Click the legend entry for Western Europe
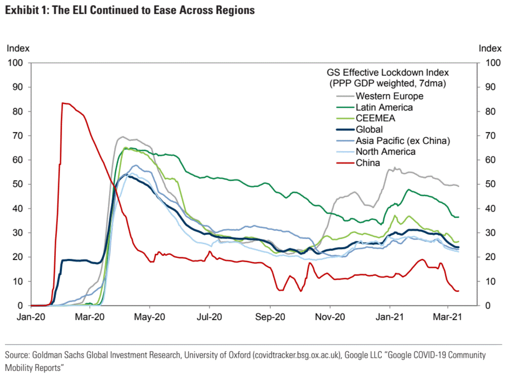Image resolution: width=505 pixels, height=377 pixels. coord(389,96)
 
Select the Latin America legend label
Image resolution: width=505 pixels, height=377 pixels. coord(384,107)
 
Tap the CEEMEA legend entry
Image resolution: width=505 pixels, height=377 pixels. coord(375,118)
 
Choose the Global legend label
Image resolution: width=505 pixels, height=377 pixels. coord(369,130)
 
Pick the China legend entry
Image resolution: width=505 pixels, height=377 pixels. coord(367,163)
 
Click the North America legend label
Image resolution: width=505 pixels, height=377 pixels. coord(385,152)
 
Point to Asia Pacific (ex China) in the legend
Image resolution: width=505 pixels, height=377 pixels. coord(403,141)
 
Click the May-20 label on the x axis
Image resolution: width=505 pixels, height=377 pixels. coord(149,317)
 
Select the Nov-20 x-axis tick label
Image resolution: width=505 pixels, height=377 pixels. coord(330,317)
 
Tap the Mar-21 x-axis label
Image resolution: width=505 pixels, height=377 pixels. coord(447,317)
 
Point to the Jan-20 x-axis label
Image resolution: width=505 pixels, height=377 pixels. coord(30,317)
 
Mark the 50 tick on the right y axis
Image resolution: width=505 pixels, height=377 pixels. coord(490,184)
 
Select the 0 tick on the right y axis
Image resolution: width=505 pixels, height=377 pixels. coord(487,306)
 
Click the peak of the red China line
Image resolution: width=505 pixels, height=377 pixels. coord(63,103)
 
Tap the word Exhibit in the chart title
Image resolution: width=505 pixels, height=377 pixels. coord(22,10)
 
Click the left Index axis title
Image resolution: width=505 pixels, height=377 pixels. coord(18,48)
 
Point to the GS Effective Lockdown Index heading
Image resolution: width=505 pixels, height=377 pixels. coord(387,72)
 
